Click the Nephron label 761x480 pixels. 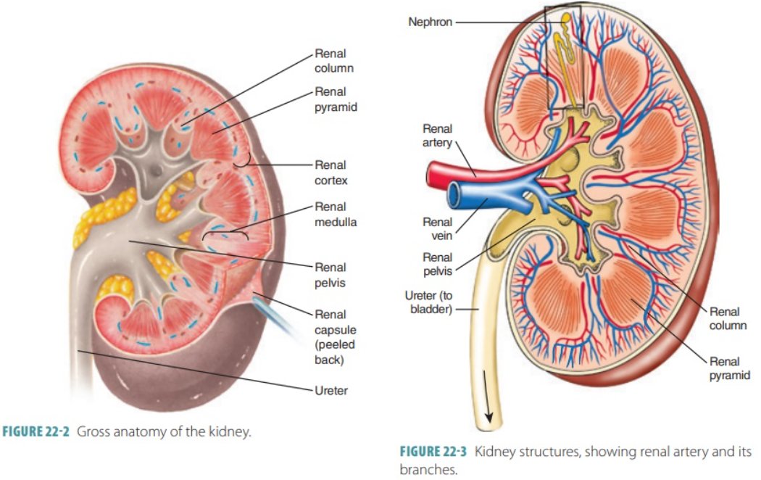click(x=430, y=22)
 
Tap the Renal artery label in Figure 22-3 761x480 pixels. click(x=437, y=136)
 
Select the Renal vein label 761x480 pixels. click(x=437, y=229)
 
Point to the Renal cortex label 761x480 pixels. click(x=331, y=173)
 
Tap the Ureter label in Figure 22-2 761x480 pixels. click(x=331, y=391)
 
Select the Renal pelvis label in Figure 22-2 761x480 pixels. click(x=330, y=275)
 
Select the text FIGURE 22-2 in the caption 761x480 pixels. click(x=41, y=433)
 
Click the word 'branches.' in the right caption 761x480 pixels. click(x=428, y=469)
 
